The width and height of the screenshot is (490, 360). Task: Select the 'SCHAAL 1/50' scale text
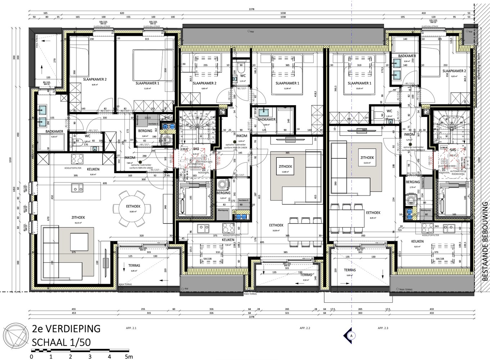61,342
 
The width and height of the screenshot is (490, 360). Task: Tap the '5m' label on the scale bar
128,357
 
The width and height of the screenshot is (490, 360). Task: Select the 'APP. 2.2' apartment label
305,328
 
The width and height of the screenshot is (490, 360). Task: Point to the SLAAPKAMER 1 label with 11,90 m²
287,83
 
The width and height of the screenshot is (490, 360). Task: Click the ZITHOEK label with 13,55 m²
367,158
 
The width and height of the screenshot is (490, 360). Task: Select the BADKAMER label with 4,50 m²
54,132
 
